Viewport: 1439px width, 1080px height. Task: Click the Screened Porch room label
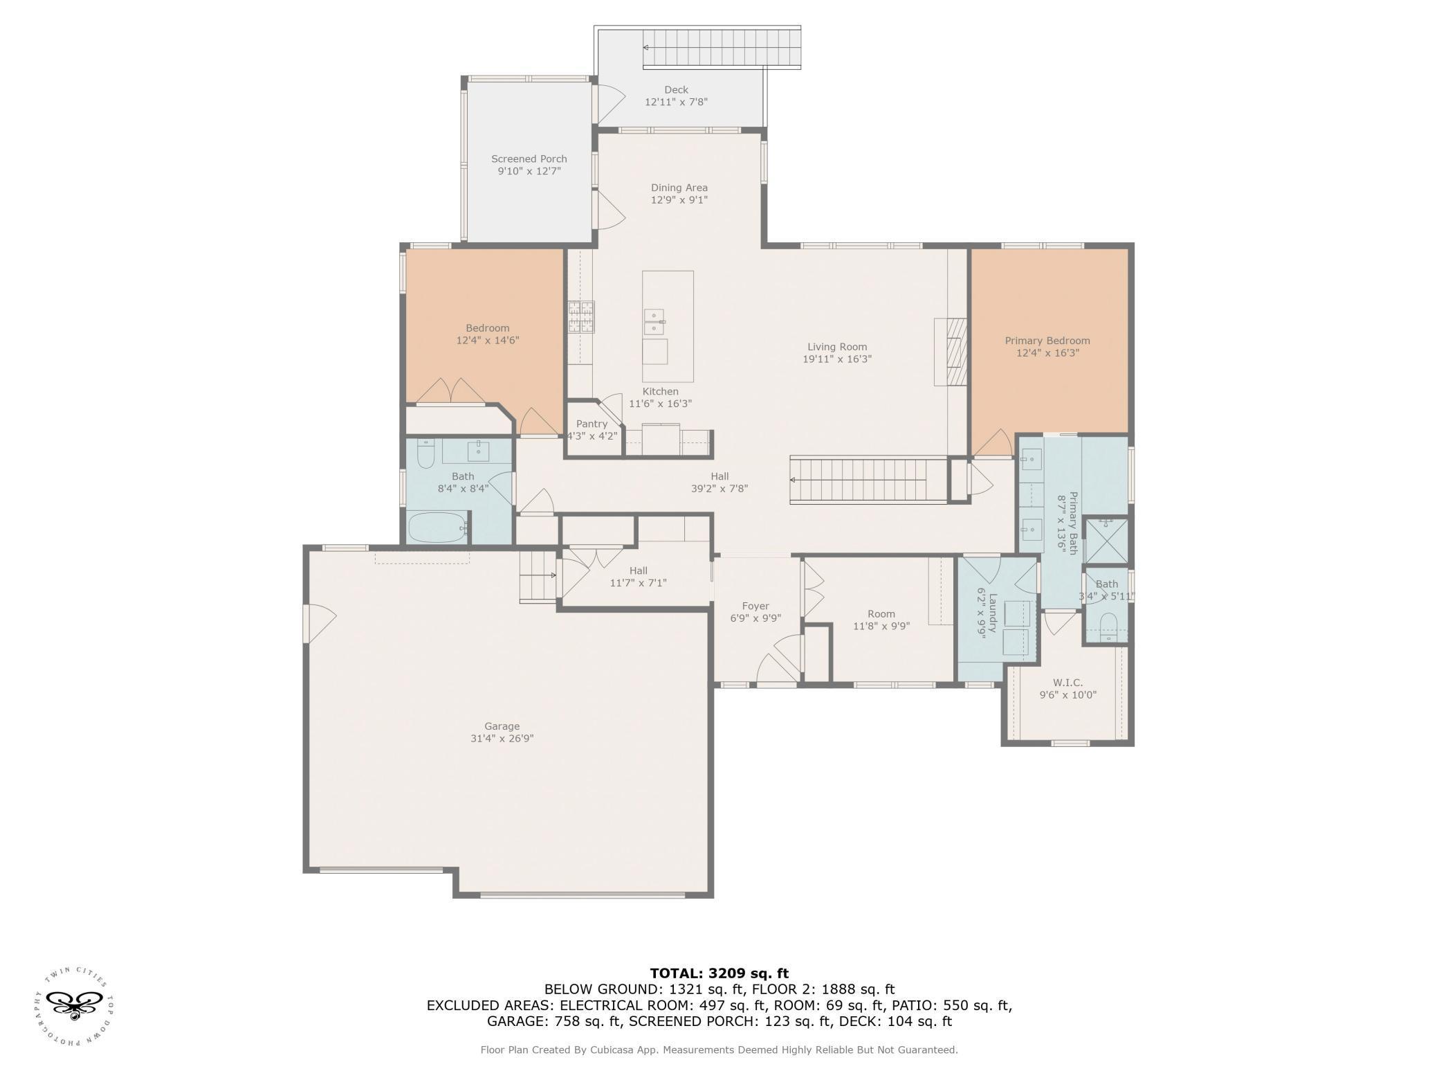(x=529, y=159)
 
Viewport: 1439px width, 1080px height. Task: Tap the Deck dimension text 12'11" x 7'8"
(x=676, y=102)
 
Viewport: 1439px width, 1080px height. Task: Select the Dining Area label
(x=679, y=188)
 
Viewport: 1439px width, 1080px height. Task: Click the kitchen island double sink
(x=654, y=323)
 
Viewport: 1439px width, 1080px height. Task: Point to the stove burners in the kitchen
(x=582, y=317)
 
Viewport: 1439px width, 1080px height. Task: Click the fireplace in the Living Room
(x=951, y=351)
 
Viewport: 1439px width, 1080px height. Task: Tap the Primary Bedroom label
(x=1047, y=341)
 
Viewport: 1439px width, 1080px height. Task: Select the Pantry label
(x=592, y=424)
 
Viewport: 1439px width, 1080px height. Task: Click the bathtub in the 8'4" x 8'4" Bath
(x=439, y=528)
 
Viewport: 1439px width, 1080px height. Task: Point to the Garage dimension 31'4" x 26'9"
(x=502, y=738)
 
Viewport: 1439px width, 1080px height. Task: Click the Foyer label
(x=755, y=606)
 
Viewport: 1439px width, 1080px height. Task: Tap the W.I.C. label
(x=1069, y=683)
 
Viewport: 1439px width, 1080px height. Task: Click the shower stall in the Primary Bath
(x=1106, y=541)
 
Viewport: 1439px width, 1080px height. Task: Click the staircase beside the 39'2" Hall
(x=868, y=480)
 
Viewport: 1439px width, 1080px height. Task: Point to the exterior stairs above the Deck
(x=722, y=48)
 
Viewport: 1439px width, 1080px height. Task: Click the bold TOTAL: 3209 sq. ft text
(x=719, y=973)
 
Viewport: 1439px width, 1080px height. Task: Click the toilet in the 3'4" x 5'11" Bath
(x=1108, y=626)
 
